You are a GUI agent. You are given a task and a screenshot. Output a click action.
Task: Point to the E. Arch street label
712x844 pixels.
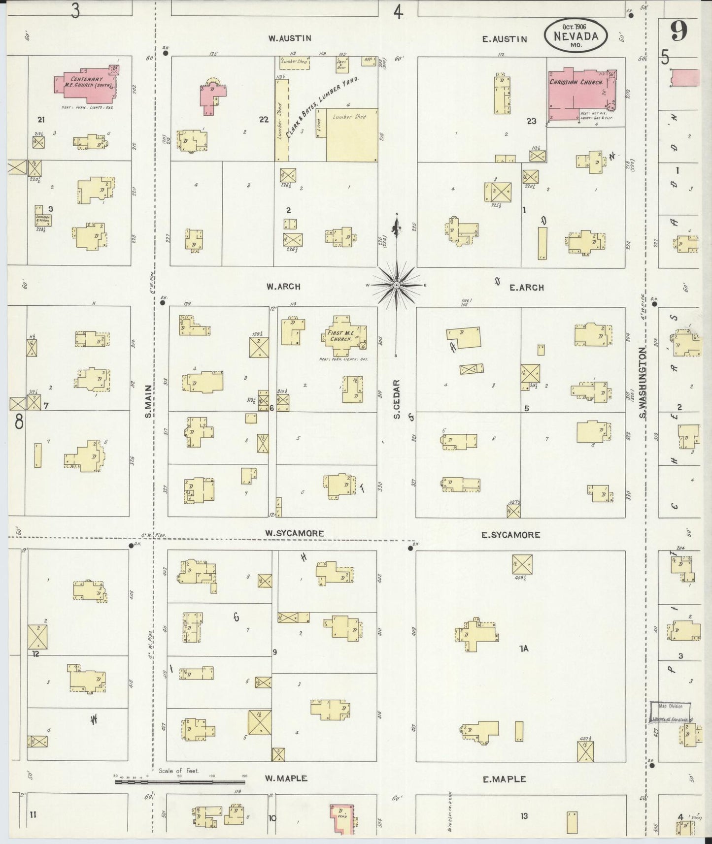(x=526, y=287)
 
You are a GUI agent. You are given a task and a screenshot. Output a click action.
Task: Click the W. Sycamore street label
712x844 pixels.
(x=294, y=533)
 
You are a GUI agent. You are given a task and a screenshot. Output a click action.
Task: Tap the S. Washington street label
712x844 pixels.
(x=643, y=383)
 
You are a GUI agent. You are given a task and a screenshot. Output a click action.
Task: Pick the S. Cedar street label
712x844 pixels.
(x=396, y=399)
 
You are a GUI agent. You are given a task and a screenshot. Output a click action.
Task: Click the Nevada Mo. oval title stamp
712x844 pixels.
(x=576, y=35)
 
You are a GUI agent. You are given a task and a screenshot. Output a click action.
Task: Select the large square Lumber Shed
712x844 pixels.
(x=352, y=134)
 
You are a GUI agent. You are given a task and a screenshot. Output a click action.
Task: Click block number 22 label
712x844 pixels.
(x=264, y=120)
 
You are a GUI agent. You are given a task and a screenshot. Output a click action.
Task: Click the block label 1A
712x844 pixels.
(x=523, y=649)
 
